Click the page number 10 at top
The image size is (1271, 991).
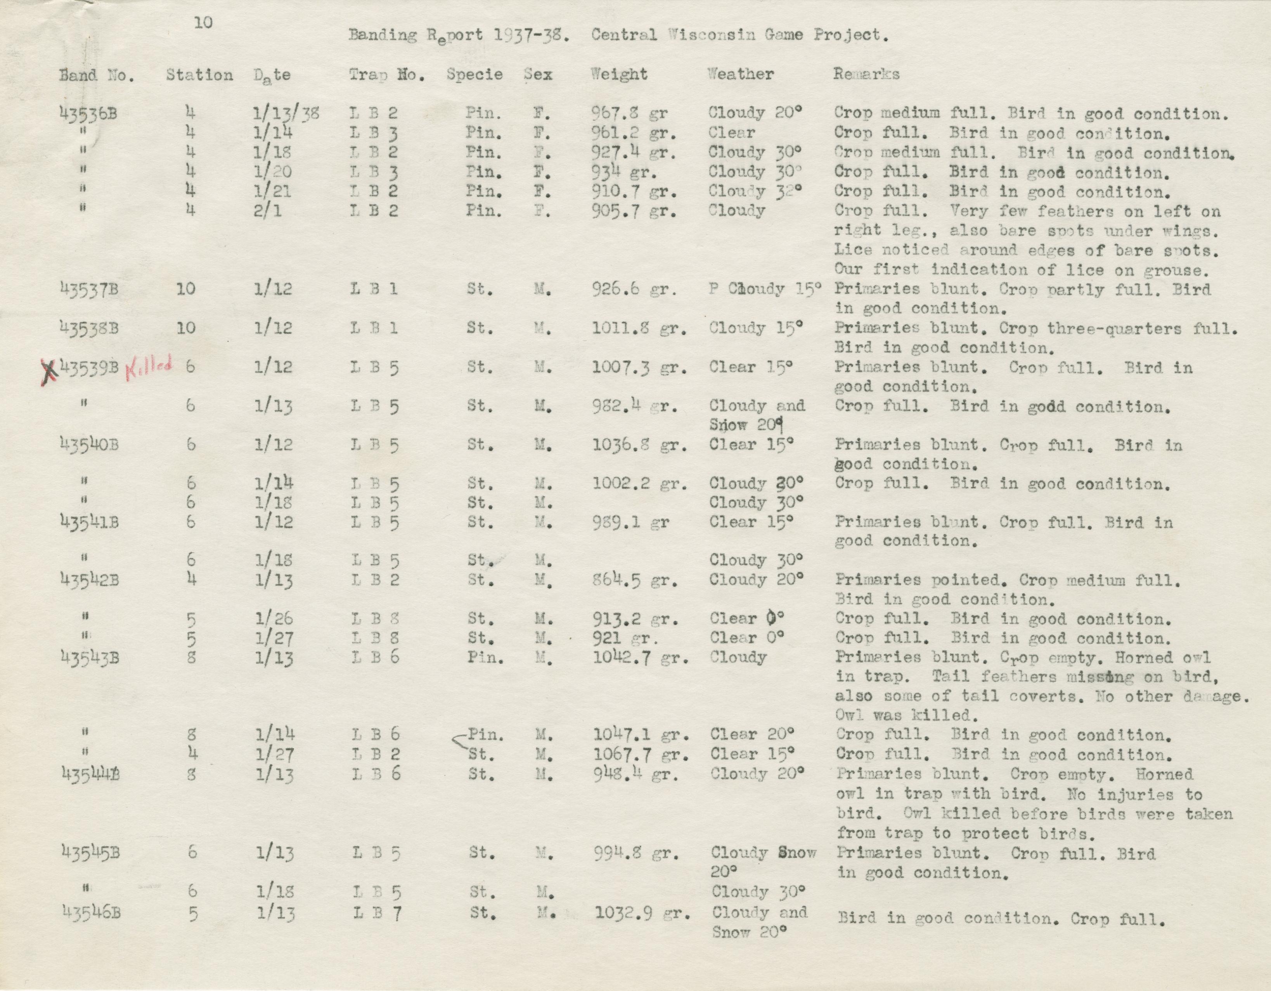(x=204, y=23)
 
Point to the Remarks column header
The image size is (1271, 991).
(x=866, y=75)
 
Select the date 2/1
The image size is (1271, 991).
(x=268, y=210)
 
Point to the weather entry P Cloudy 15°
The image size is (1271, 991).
(x=764, y=289)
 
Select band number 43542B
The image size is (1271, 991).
(x=90, y=580)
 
